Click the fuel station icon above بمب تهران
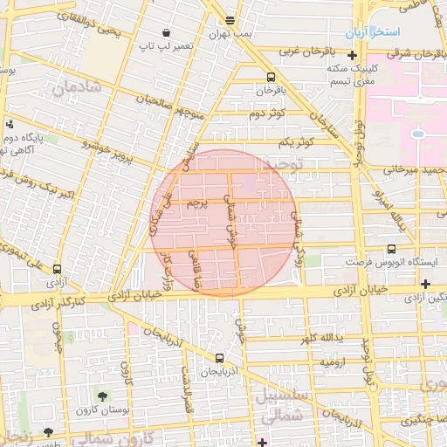(230, 20)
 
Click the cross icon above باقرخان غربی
(352, 55)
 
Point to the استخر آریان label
(372, 32)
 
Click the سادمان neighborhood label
(77, 87)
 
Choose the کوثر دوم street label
(267, 114)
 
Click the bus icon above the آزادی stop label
(58, 269)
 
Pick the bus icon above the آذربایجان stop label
(219, 358)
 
